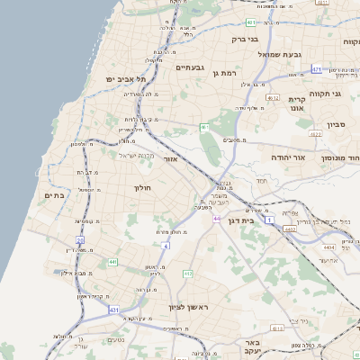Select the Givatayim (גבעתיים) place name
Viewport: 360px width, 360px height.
click(x=192, y=67)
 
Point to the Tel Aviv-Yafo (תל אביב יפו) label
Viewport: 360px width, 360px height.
click(x=125, y=79)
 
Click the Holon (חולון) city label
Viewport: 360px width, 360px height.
click(x=145, y=188)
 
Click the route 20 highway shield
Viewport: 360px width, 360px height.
click(x=79, y=240)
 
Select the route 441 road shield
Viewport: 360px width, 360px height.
click(x=112, y=262)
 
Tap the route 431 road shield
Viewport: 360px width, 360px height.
click(x=114, y=310)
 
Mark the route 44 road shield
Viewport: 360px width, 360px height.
click(x=217, y=218)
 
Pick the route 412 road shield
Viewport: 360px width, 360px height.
click(x=188, y=274)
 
